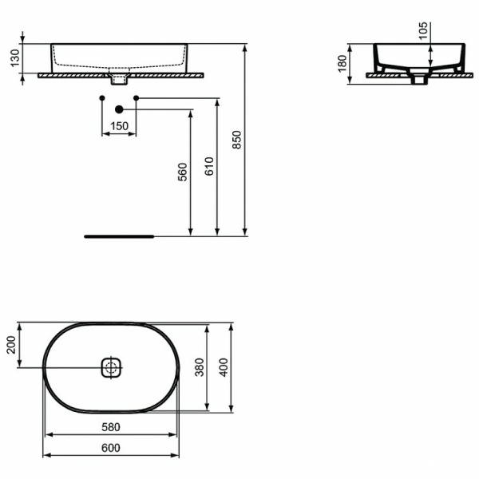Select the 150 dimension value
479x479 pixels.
click(x=119, y=125)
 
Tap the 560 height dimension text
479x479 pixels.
click(x=182, y=172)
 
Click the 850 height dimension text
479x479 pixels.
click(x=236, y=140)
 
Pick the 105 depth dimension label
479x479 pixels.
click(x=424, y=31)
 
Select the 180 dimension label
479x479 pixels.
click(x=342, y=63)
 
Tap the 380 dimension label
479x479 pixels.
click(x=200, y=366)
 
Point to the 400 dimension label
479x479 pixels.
click(x=224, y=367)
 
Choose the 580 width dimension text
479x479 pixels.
click(x=110, y=427)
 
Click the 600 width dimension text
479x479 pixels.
click(x=110, y=448)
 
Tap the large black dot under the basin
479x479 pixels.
click(x=119, y=109)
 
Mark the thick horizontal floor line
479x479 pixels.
click(x=119, y=236)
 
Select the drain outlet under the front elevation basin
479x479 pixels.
click(x=119, y=78)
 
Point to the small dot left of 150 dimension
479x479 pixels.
click(x=101, y=97)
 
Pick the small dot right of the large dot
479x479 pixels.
click(x=137, y=97)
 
